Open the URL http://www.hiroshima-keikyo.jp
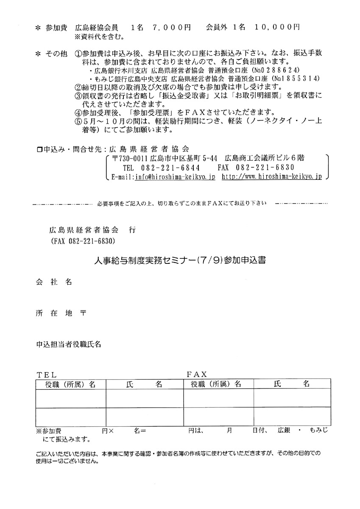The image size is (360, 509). [x=272, y=176]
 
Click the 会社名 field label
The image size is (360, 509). [x=53, y=282]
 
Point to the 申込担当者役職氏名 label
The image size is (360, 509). [x=69, y=344]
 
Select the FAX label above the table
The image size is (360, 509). [x=196, y=374]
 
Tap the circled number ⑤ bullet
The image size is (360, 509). [x=77, y=121]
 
